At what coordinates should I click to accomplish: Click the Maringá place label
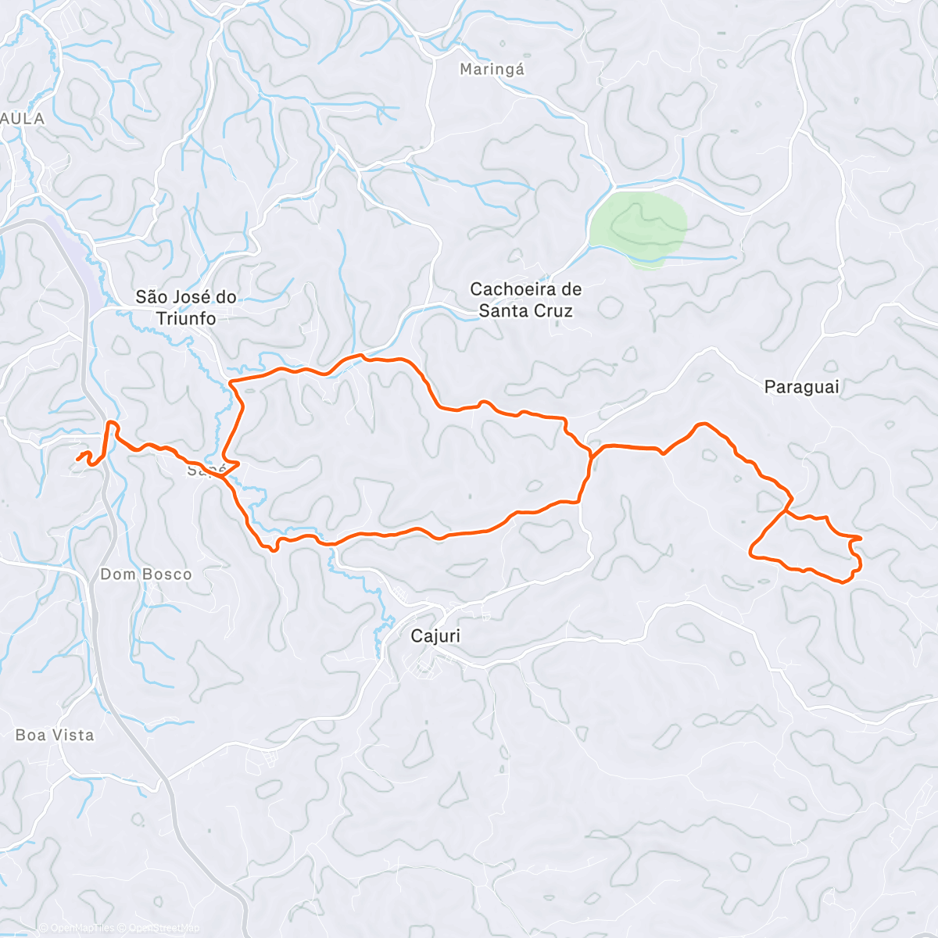point(492,70)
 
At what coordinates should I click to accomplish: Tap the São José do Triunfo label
point(186,307)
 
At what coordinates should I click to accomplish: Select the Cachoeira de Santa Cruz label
point(525,300)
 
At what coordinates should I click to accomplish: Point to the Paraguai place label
point(801,386)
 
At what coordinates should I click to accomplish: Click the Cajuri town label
point(435,635)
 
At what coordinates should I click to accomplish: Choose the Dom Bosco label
point(146,575)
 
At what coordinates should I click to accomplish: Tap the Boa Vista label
point(55,735)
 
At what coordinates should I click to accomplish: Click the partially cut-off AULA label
point(23,119)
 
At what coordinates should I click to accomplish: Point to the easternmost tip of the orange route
point(861,538)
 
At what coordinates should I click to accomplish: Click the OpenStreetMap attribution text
point(164,928)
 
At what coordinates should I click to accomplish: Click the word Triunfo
point(186,318)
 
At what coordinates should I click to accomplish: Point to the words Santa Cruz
point(525,311)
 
